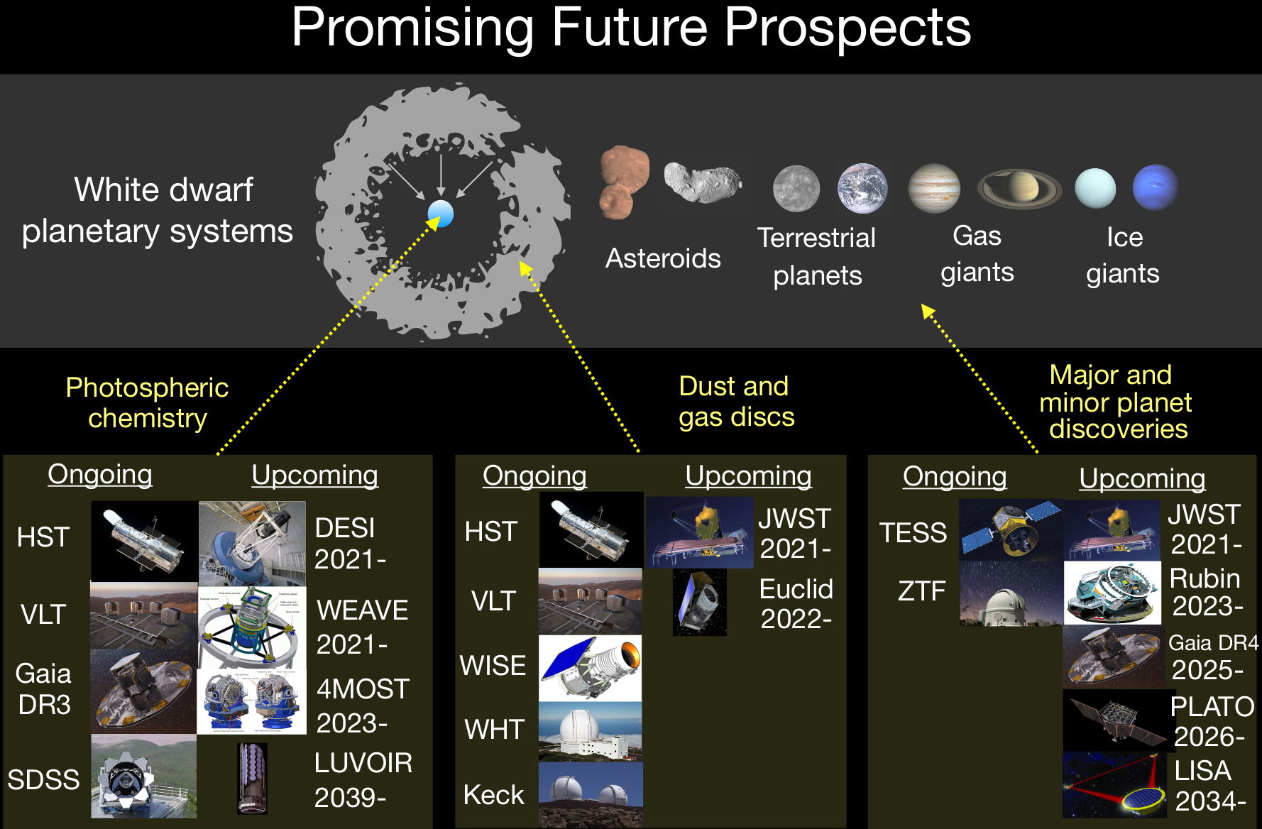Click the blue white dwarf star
441,213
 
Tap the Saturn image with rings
1019,189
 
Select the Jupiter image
934,188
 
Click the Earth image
862,188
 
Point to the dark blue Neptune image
1156,187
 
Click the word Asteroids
663,258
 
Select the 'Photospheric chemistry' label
147,402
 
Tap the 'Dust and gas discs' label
736,402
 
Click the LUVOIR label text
363,763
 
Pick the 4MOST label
363,688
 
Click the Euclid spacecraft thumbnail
700,602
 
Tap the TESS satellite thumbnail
1011,529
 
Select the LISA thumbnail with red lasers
1114,785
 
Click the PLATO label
1212,706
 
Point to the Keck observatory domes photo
591,794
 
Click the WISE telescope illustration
591,668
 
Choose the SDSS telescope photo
144,776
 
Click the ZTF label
921,591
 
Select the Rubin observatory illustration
1112,593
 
